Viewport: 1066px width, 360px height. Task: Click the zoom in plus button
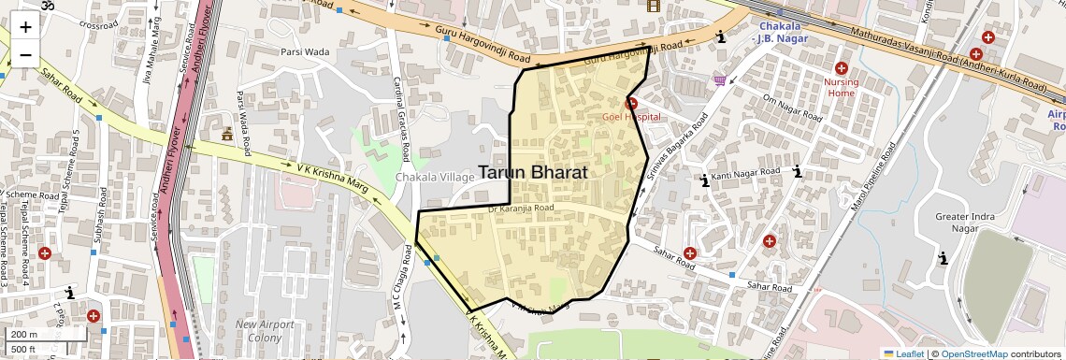tap(25, 26)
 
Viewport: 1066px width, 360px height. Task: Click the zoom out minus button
tap(25, 54)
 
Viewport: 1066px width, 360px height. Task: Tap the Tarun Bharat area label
tap(532, 172)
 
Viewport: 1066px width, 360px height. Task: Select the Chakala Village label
tap(435, 177)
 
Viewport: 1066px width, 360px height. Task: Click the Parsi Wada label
tap(305, 51)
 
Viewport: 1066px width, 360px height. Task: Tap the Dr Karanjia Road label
tap(521, 209)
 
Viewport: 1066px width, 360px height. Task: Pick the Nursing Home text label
tap(841, 87)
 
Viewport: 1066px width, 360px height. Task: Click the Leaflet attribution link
tap(903, 353)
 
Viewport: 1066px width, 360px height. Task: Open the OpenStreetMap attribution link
tap(973, 353)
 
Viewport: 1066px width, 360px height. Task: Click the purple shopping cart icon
tap(719, 80)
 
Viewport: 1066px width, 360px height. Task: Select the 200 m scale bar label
tap(23, 334)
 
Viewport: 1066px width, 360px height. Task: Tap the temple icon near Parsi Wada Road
tap(226, 135)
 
